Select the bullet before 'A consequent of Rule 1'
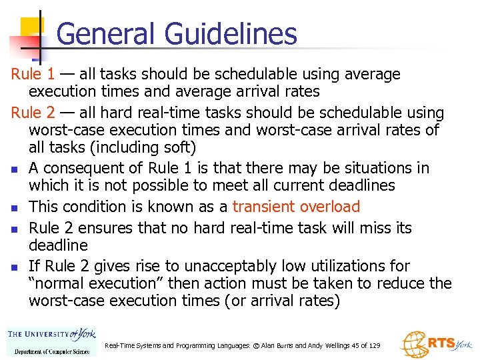(x=14, y=169)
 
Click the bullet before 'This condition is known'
(x=14, y=208)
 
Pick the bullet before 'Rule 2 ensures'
(x=14, y=229)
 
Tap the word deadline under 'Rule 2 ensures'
(x=58, y=245)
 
